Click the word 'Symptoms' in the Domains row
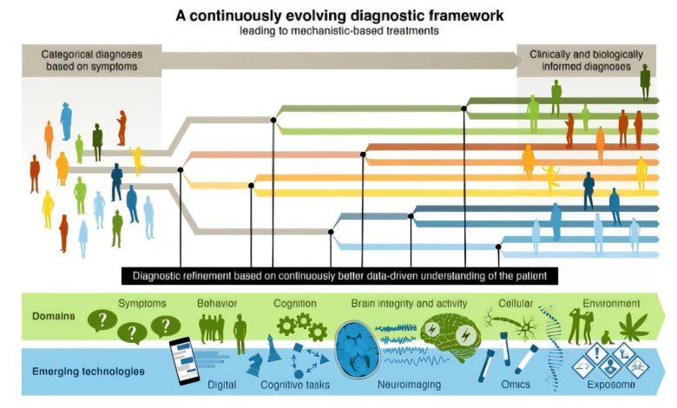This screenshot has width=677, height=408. (142, 304)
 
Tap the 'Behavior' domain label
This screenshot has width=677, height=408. (217, 304)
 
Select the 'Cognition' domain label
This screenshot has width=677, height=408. (295, 304)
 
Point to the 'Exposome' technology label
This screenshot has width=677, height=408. (611, 385)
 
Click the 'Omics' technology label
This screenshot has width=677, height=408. (516, 385)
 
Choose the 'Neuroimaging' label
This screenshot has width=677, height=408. (410, 385)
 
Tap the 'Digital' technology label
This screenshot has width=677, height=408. (221, 385)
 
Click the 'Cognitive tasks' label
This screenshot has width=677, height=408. (295, 385)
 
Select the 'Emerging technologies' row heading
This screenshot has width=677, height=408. (88, 372)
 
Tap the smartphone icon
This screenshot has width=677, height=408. (184, 361)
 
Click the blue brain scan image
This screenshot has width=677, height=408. (358, 349)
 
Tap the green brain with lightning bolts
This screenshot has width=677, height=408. (450, 337)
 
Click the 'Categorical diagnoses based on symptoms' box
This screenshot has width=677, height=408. (91, 61)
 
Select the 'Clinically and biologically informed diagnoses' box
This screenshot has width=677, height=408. (587, 61)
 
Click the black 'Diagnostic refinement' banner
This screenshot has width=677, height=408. (339, 276)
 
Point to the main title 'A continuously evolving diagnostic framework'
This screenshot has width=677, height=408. (339, 16)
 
